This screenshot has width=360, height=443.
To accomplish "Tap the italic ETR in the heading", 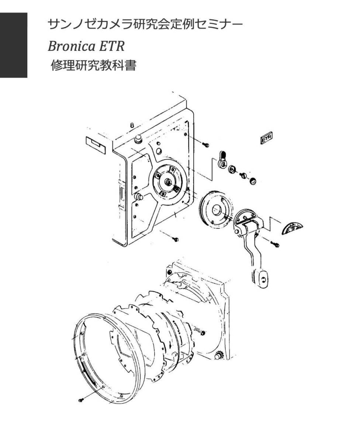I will point(111,46).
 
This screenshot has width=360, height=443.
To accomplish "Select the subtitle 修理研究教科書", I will point(94,66).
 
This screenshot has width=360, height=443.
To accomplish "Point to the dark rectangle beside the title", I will point(14,45).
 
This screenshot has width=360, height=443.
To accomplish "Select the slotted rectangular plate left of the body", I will point(96,145).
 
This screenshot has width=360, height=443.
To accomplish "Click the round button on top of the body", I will point(139,139).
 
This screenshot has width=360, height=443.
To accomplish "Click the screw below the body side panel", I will point(175,239).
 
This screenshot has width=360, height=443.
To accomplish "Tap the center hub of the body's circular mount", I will point(168,182).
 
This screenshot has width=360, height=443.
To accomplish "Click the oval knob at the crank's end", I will point(262,279).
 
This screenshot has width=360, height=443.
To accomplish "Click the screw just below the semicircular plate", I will point(275,244).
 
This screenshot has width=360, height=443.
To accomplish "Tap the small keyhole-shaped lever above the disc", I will point(222,159).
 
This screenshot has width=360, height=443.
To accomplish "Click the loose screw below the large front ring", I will point(82,399).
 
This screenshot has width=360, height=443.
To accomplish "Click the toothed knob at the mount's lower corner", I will point(218,356).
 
